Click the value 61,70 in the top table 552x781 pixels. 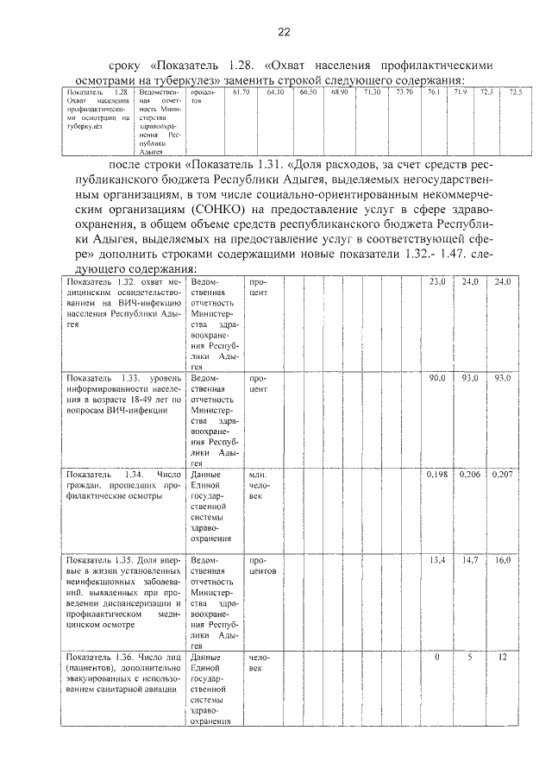pos(241,91)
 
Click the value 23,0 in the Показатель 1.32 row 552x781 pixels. pos(438,282)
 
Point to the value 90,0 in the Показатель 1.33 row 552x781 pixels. pos(438,378)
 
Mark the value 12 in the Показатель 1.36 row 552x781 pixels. pos(503,658)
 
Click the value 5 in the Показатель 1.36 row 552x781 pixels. pos(470,658)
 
